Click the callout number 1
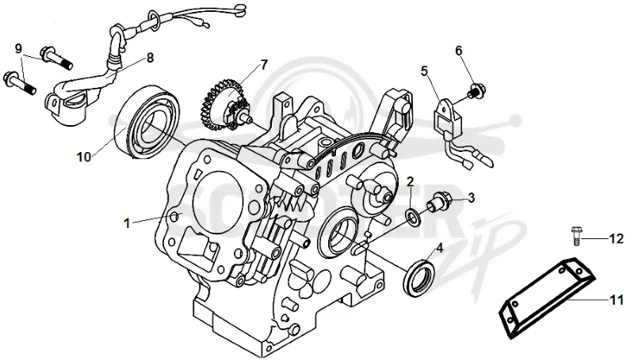(x=127, y=223)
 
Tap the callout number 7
(x=264, y=65)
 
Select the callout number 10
(x=84, y=157)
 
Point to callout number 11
(x=617, y=300)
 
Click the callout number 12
(x=617, y=239)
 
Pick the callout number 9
(x=18, y=49)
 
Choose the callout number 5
(x=424, y=71)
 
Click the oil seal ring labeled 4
(x=419, y=279)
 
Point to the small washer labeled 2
(x=413, y=217)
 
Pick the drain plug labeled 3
(x=438, y=200)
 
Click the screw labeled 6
(x=477, y=91)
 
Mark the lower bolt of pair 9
(x=19, y=83)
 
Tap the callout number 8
(x=150, y=58)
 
